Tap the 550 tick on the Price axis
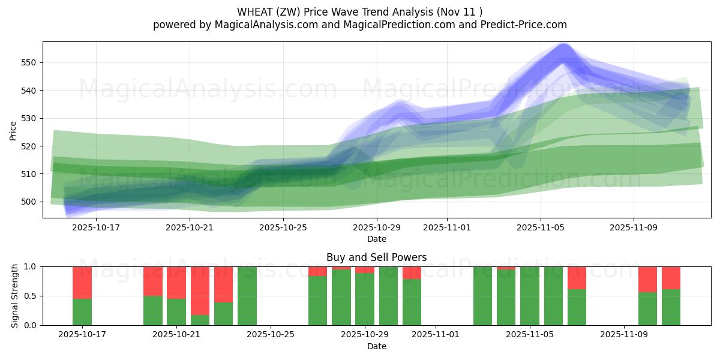29,62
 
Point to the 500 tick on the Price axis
29,202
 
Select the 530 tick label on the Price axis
29,118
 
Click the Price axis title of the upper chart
13,130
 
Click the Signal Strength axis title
15,296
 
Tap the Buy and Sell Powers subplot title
376,257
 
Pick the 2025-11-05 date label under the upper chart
541,227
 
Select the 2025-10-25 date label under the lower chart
271,334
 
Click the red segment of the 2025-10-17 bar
82,282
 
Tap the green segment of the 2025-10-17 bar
82,312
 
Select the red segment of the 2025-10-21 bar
176,282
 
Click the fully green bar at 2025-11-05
530,296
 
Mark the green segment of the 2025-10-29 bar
365,299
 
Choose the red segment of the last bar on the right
671,277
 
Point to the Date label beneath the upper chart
376,239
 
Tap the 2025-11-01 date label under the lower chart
436,334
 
